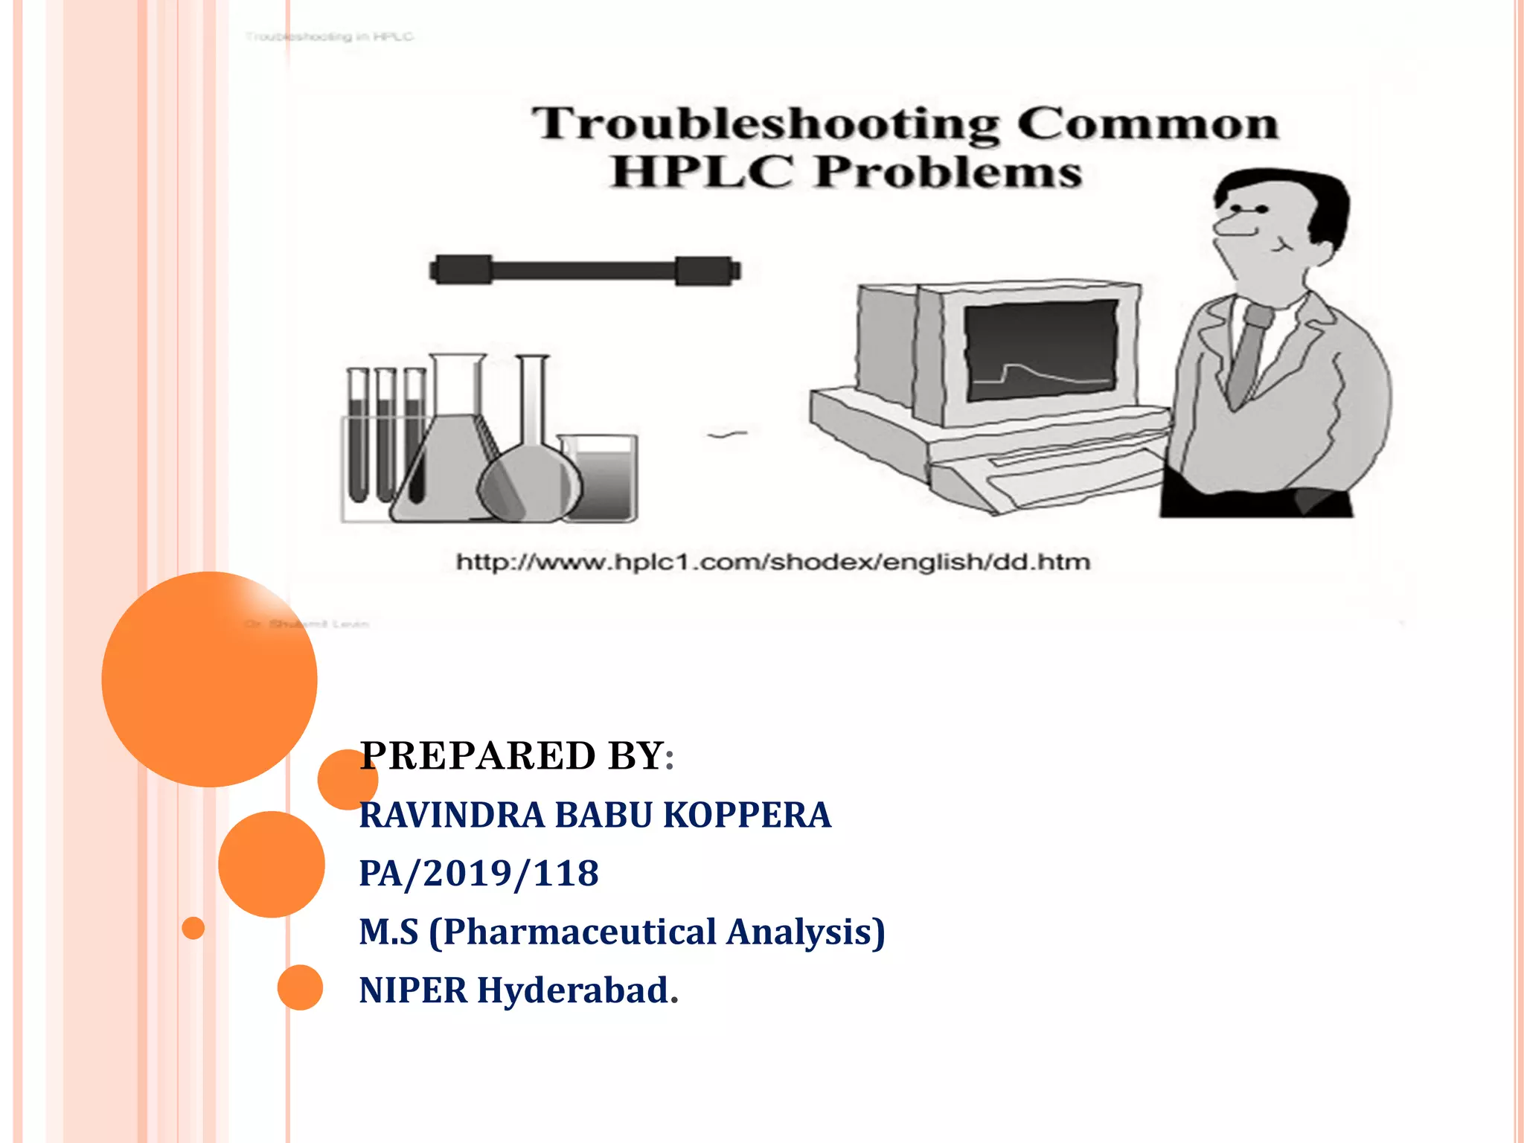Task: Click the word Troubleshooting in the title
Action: click(x=766, y=125)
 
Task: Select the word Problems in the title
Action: click(x=949, y=173)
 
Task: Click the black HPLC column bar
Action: click(x=585, y=270)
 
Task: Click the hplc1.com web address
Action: click(x=773, y=562)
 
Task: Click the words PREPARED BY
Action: click(x=513, y=756)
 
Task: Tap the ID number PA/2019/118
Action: click(x=478, y=873)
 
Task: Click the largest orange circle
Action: click(x=209, y=679)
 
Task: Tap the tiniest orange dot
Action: click(x=193, y=928)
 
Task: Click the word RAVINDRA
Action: click(x=452, y=815)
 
